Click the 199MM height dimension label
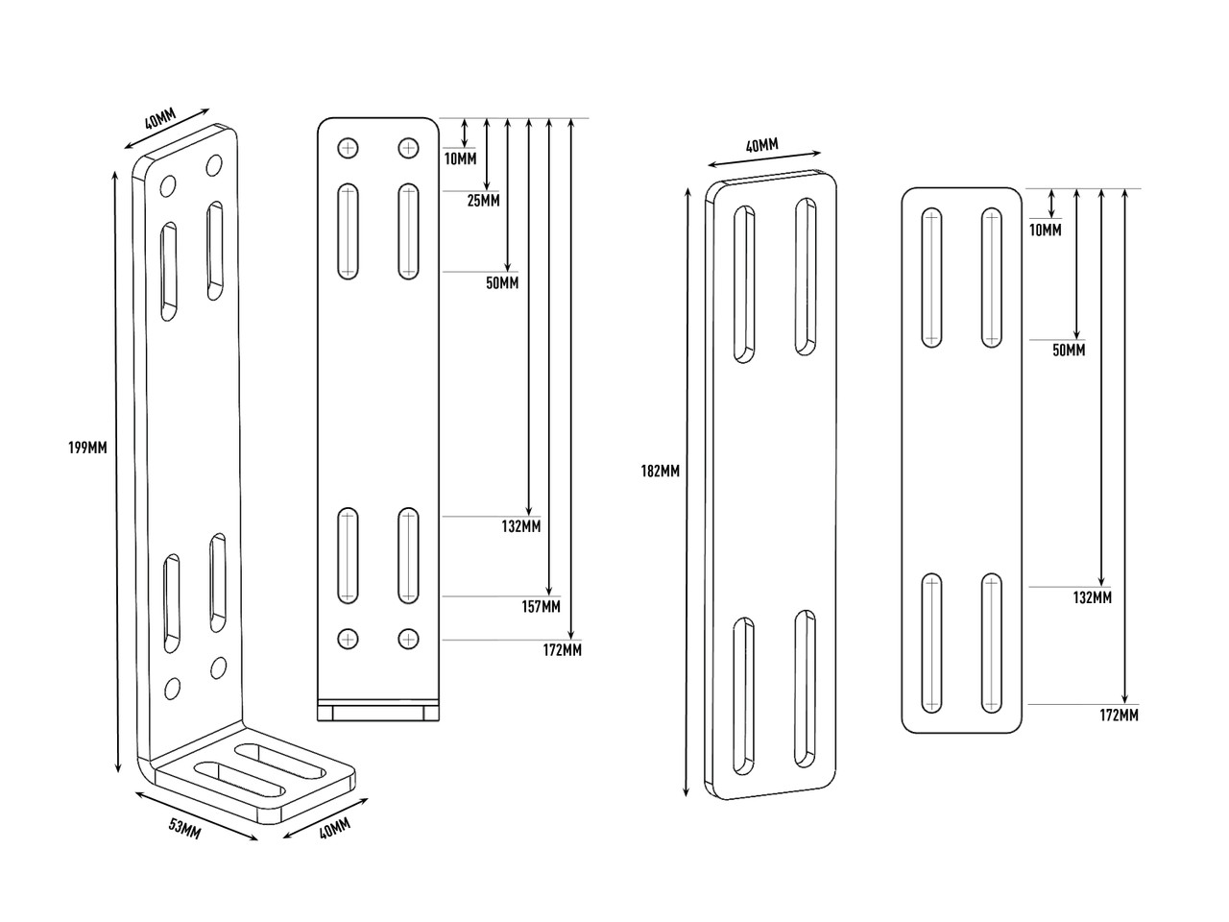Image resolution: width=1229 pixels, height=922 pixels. click(87, 448)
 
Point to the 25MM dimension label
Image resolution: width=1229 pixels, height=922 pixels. click(484, 201)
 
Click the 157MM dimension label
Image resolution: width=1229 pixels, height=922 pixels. click(542, 606)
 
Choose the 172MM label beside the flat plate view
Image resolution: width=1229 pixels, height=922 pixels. click(1120, 715)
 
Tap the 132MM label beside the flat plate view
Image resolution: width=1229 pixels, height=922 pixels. click(1093, 597)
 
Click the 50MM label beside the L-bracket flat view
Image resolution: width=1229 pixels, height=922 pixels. click(501, 283)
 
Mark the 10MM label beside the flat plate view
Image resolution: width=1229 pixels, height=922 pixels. click(1045, 230)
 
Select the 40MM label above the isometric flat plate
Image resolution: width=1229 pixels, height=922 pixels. click(761, 145)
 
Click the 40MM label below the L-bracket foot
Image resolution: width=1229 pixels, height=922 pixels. click(334, 827)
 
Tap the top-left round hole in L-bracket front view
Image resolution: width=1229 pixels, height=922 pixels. click(348, 148)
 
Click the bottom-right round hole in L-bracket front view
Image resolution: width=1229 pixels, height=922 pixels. click(409, 638)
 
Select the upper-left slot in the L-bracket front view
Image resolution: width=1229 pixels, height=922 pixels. click(348, 230)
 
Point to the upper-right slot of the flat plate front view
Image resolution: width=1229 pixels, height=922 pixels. click(992, 277)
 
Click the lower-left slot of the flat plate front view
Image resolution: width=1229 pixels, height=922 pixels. click(930, 643)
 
